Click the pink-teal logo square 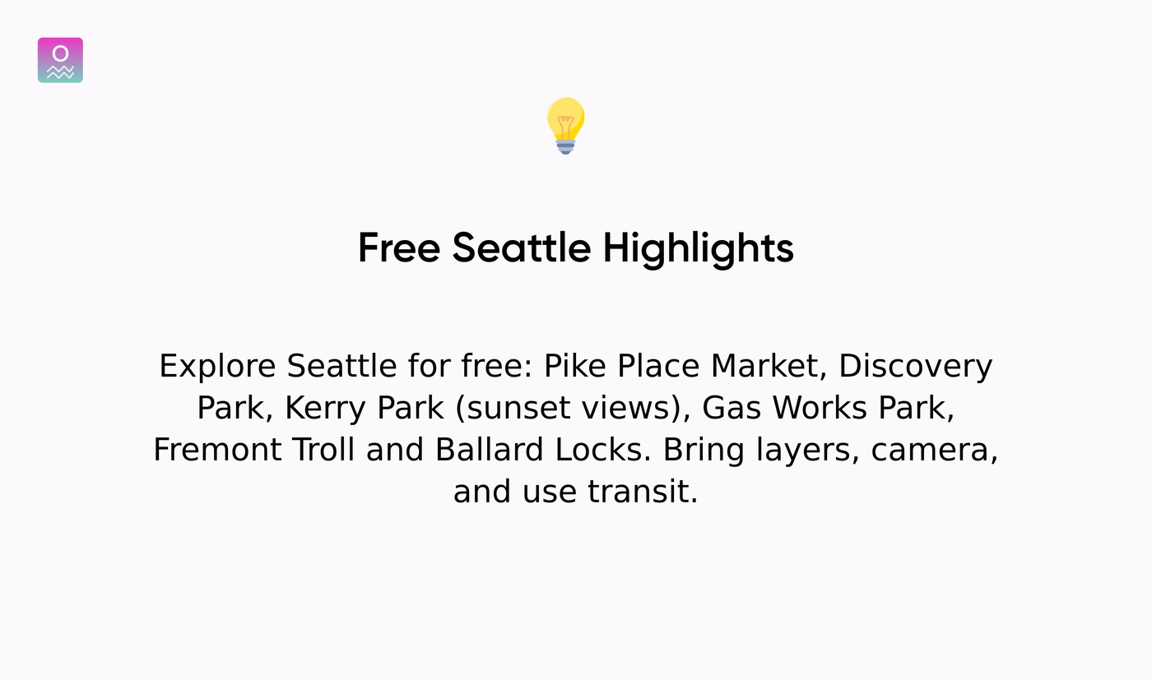60,60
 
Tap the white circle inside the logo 60,53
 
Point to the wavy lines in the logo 60,72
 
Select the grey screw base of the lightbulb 565,146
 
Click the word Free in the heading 398,247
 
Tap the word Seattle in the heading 521,247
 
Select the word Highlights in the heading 698,247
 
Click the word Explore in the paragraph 216,366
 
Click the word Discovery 915,366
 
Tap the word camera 934,450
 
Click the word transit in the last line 643,492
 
